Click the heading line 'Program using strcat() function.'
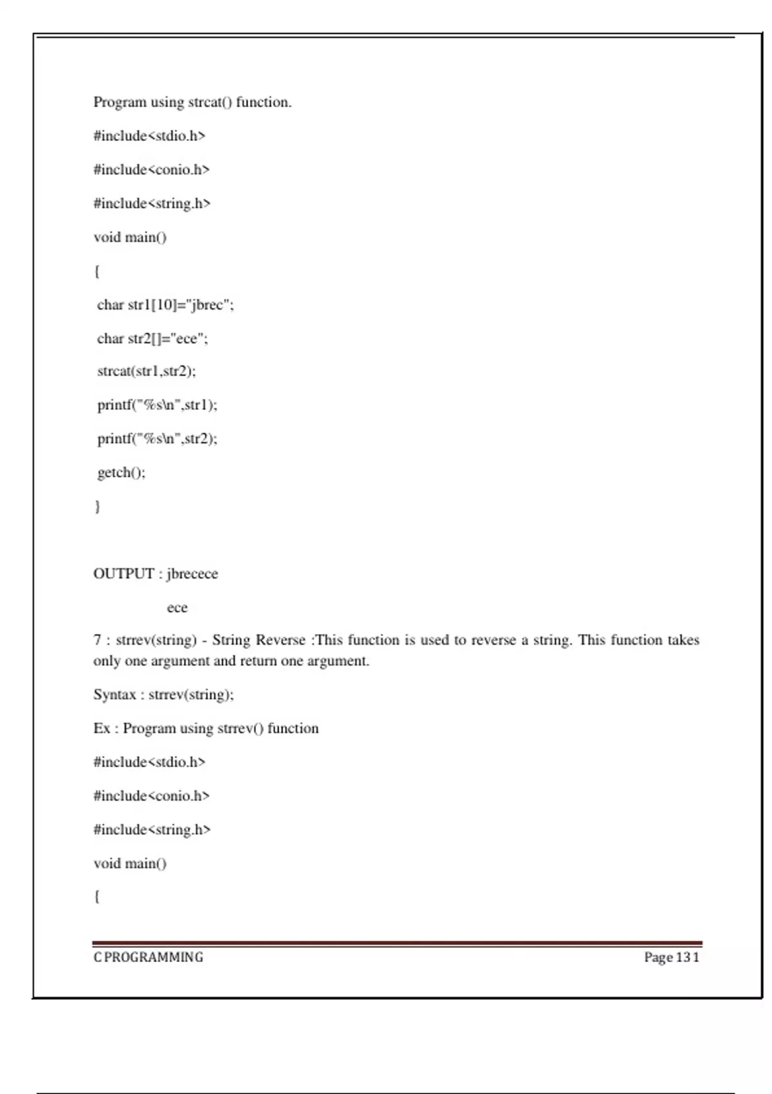point(192,102)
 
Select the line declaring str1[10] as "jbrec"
point(165,305)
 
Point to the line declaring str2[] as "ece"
point(152,338)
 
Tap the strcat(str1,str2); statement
point(147,371)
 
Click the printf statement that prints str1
point(158,405)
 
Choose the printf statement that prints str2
point(158,439)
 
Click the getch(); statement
point(122,472)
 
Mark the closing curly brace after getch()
point(97,506)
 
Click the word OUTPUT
point(124,573)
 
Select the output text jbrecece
point(192,573)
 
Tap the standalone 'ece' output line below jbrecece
point(177,607)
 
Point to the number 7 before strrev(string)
point(97,640)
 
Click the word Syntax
point(115,694)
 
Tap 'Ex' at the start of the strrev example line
point(102,728)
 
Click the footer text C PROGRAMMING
point(148,957)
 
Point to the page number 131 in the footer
point(687,957)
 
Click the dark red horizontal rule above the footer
point(397,943)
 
